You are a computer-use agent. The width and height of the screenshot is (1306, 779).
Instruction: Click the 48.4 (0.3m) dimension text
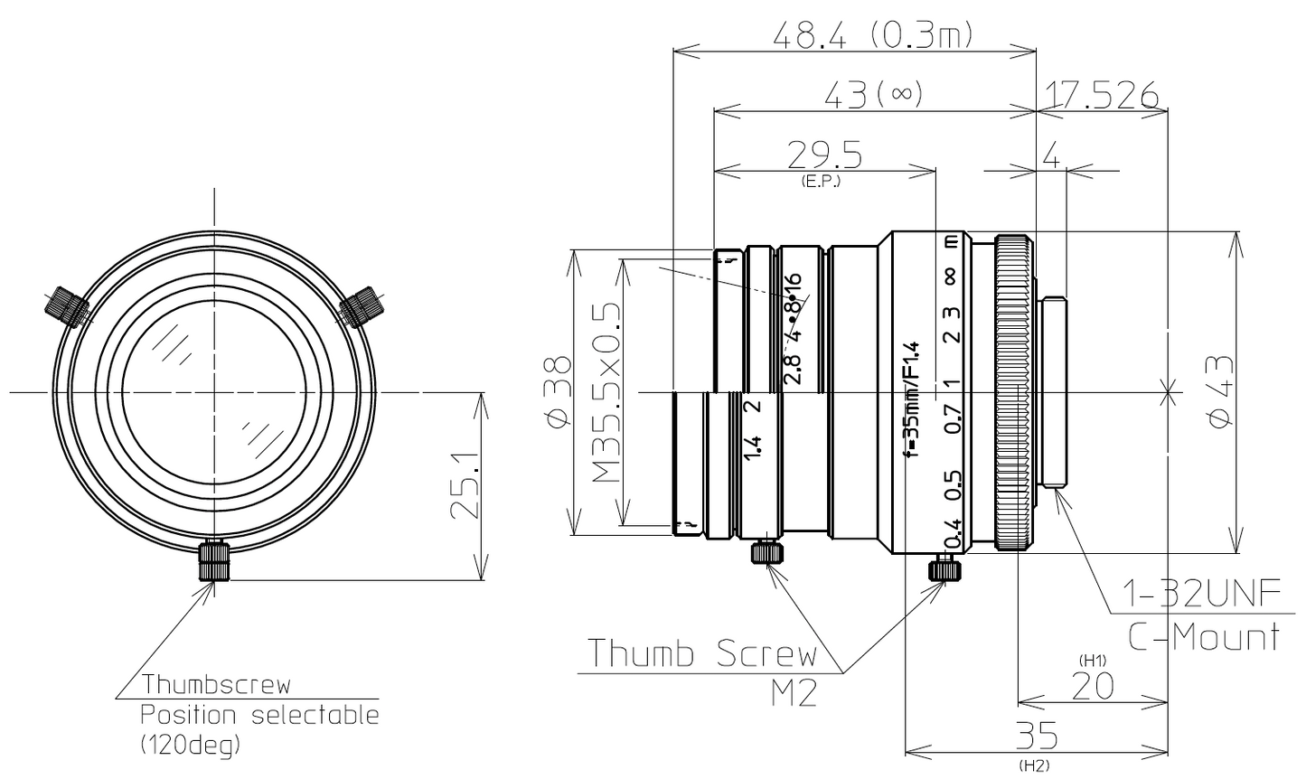[873, 36]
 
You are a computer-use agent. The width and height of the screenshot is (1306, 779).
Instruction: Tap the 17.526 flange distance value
[1101, 95]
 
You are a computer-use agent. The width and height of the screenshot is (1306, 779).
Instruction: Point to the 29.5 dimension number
[823, 155]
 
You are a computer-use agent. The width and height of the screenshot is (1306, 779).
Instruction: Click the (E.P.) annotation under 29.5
[821, 181]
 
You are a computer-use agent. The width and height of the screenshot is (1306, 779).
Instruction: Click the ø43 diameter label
[1220, 392]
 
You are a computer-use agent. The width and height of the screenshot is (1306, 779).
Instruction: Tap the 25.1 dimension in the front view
[463, 488]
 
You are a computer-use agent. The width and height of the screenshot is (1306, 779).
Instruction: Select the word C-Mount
[1204, 637]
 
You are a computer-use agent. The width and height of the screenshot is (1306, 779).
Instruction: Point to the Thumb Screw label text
[701, 652]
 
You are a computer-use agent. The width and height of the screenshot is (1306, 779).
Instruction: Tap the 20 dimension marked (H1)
[1092, 687]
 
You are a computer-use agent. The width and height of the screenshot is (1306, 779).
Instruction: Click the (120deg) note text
[191, 746]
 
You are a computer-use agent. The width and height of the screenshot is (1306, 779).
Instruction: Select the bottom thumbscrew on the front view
[215, 561]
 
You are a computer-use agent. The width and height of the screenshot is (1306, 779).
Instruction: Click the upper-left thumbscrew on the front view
[65, 305]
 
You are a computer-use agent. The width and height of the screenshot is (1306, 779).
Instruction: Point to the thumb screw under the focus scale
[944, 569]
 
